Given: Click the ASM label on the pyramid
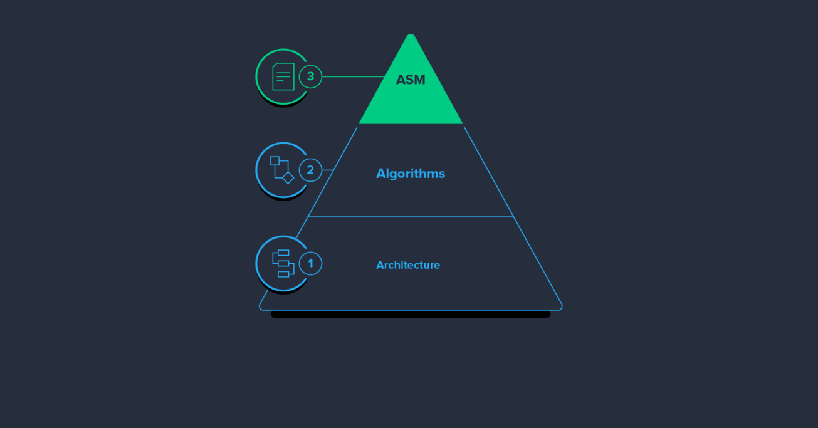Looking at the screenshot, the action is pyautogui.click(x=411, y=80).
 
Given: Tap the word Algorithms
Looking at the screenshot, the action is pyautogui.click(x=411, y=174).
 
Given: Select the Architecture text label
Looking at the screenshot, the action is pyautogui.click(x=408, y=265).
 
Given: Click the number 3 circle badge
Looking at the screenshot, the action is pyautogui.click(x=310, y=76).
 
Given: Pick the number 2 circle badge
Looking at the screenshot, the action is pyautogui.click(x=310, y=170).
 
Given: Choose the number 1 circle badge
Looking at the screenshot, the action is pyautogui.click(x=310, y=264).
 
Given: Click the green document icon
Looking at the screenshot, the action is pyautogui.click(x=283, y=76).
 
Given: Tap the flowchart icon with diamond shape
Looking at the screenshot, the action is pyautogui.click(x=282, y=170).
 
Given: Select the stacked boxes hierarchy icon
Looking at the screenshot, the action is pyautogui.click(x=283, y=264).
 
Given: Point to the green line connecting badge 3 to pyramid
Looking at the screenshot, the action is pyautogui.click(x=353, y=76).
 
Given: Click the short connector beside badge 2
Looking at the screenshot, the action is pyautogui.click(x=328, y=170).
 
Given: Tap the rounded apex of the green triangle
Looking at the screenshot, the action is pyautogui.click(x=411, y=36).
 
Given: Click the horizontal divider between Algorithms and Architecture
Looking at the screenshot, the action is pyautogui.click(x=411, y=217).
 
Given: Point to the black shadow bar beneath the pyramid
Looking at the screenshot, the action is pyautogui.click(x=411, y=315).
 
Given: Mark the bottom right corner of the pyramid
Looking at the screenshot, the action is pyautogui.click(x=561, y=309).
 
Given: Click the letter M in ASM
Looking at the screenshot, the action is pyautogui.click(x=419, y=80).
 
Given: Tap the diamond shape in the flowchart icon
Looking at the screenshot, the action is pyautogui.click(x=288, y=178).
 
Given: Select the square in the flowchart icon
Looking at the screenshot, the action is pyautogui.click(x=275, y=160).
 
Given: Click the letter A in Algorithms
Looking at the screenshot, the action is pyautogui.click(x=381, y=174).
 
